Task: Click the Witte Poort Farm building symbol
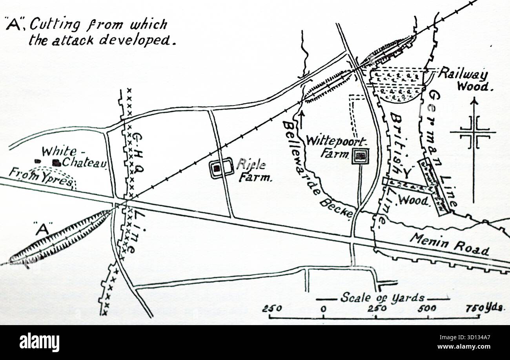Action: [360, 156]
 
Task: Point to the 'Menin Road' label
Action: [449, 244]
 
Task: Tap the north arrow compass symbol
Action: [474, 133]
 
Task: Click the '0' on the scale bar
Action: [323, 309]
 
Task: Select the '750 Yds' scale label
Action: [484, 308]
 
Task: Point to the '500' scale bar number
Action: [426, 309]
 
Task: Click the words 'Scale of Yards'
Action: [382, 298]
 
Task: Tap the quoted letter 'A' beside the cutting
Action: [42, 229]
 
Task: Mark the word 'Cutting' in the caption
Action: [55, 25]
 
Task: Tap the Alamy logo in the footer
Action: [39, 342]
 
